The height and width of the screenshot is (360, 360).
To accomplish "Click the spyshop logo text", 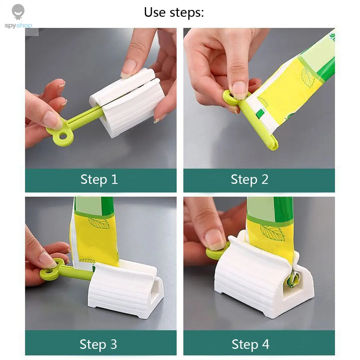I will coord(18,25).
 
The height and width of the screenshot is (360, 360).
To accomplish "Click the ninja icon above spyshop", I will coord(18,12).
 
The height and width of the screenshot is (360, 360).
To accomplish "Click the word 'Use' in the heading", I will coord(155,12).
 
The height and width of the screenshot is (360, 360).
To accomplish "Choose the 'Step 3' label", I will coord(98,344).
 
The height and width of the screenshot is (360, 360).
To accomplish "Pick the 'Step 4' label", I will coord(250,344).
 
